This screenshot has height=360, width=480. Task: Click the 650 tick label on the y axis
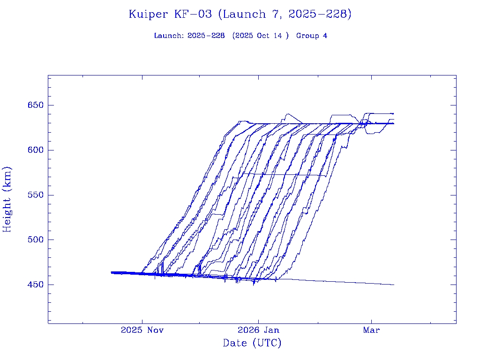pyautogui.click(x=35, y=105)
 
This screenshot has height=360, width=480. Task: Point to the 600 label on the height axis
pyautogui.click(x=35, y=150)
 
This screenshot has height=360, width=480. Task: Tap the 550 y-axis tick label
pyautogui.click(x=35, y=195)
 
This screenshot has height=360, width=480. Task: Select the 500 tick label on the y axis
pyautogui.click(x=35, y=240)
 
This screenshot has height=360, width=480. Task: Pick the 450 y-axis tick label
pyautogui.click(x=35, y=285)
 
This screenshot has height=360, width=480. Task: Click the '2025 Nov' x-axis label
pyautogui.click(x=142, y=330)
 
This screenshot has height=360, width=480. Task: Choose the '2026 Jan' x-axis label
pyautogui.click(x=258, y=330)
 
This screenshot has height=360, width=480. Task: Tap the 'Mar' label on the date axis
pyautogui.click(x=372, y=330)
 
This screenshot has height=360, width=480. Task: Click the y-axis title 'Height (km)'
pyautogui.click(x=7, y=199)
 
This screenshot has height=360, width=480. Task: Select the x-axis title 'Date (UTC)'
pyautogui.click(x=252, y=343)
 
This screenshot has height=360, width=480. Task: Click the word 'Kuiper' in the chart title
pyautogui.click(x=148, y=14)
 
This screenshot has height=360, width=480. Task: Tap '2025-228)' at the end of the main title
pyautogui.click(x=320, y=14)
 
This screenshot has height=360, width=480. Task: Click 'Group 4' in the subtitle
pyautogui.click(x=311, y=36)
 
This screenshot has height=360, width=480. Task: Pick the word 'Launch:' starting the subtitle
pyautogui.click(x=169, y=36)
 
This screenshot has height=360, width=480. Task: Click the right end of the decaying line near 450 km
pyautogui.click(x=394, y=285)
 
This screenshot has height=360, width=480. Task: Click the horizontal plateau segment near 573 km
pyautogui.click(x=281, y=174)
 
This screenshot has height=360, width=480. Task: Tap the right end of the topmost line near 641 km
pyautogui.click(x=393, y=113)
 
